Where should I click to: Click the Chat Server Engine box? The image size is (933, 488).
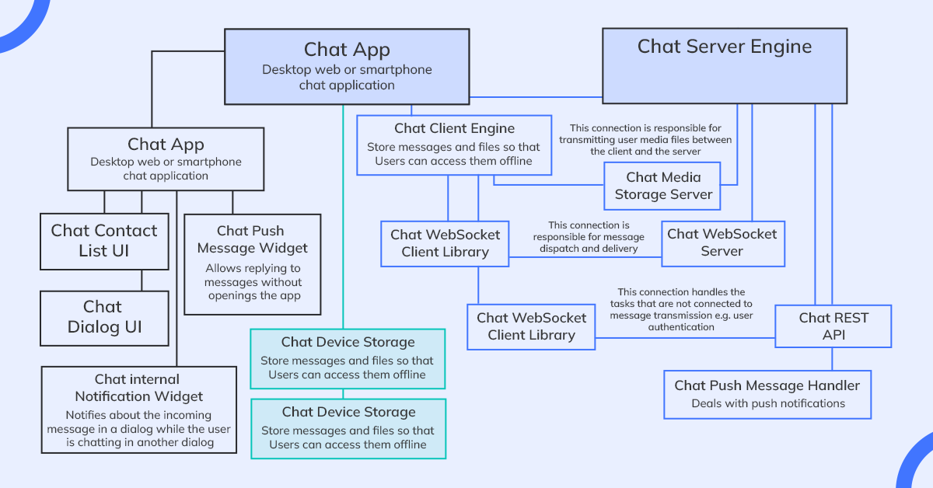click(724, 67)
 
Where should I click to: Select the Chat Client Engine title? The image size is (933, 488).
click(454, 128)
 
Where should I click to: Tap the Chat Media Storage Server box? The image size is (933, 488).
click(663, 186)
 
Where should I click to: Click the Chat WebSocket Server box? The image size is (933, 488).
click(722, 242)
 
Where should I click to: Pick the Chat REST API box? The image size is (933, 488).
click(833, 326)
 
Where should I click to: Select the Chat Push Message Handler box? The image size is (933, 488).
click(767, 394)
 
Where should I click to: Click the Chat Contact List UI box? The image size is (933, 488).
click(104, 241)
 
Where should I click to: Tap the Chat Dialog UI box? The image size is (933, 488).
click(104, 317)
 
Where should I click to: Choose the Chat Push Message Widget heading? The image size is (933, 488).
click(252, 239)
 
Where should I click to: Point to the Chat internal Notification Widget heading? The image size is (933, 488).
click(137, 387)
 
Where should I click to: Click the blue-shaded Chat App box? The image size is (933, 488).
click(347, 67)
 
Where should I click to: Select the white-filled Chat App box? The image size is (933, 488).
click(166, 159)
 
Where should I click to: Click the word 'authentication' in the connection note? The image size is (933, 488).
click(680, 327)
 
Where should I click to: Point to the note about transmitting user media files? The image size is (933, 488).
click(645, 140)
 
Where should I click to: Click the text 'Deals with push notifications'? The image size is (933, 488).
click(767, 403)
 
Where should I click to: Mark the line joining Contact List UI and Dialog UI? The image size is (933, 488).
click(142, 281)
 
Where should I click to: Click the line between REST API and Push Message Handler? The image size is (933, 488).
click(833, 359)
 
